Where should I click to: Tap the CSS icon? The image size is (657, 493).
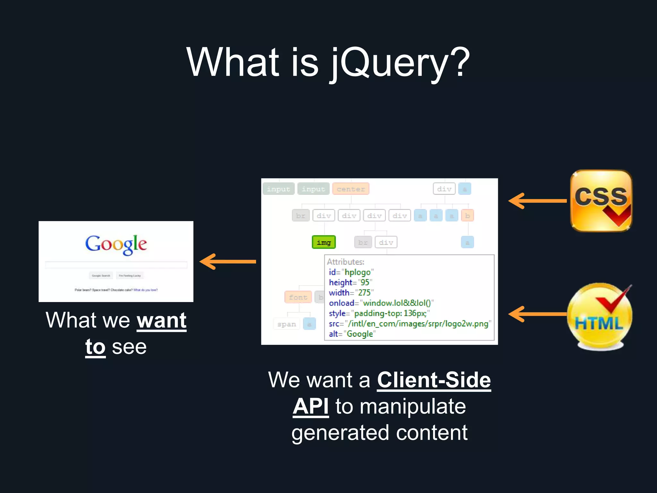(601, 201)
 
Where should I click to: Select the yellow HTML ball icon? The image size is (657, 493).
(599, 316)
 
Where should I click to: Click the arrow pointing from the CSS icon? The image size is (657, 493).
(538, 201)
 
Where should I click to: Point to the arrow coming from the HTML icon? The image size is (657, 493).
(538, 314)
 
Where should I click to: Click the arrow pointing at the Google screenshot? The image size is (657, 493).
(228, 262)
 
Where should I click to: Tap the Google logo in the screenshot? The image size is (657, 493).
(116, 245)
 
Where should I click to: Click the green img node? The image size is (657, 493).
(324, 242)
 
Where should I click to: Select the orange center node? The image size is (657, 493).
(351, 189)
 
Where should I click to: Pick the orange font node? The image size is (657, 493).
(298, 297)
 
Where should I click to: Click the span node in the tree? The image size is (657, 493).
(286, 324)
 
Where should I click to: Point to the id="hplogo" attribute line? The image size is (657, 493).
(351, 272)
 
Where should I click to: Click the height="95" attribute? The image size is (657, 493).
(350, 282)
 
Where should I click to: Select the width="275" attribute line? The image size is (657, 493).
(351, 293)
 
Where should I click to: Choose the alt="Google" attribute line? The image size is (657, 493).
(352, 334)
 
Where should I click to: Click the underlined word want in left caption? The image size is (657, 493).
(161, 320)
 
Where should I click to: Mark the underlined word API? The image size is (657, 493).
(311, 407)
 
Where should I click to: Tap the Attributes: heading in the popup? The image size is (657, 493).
(346, 262)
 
